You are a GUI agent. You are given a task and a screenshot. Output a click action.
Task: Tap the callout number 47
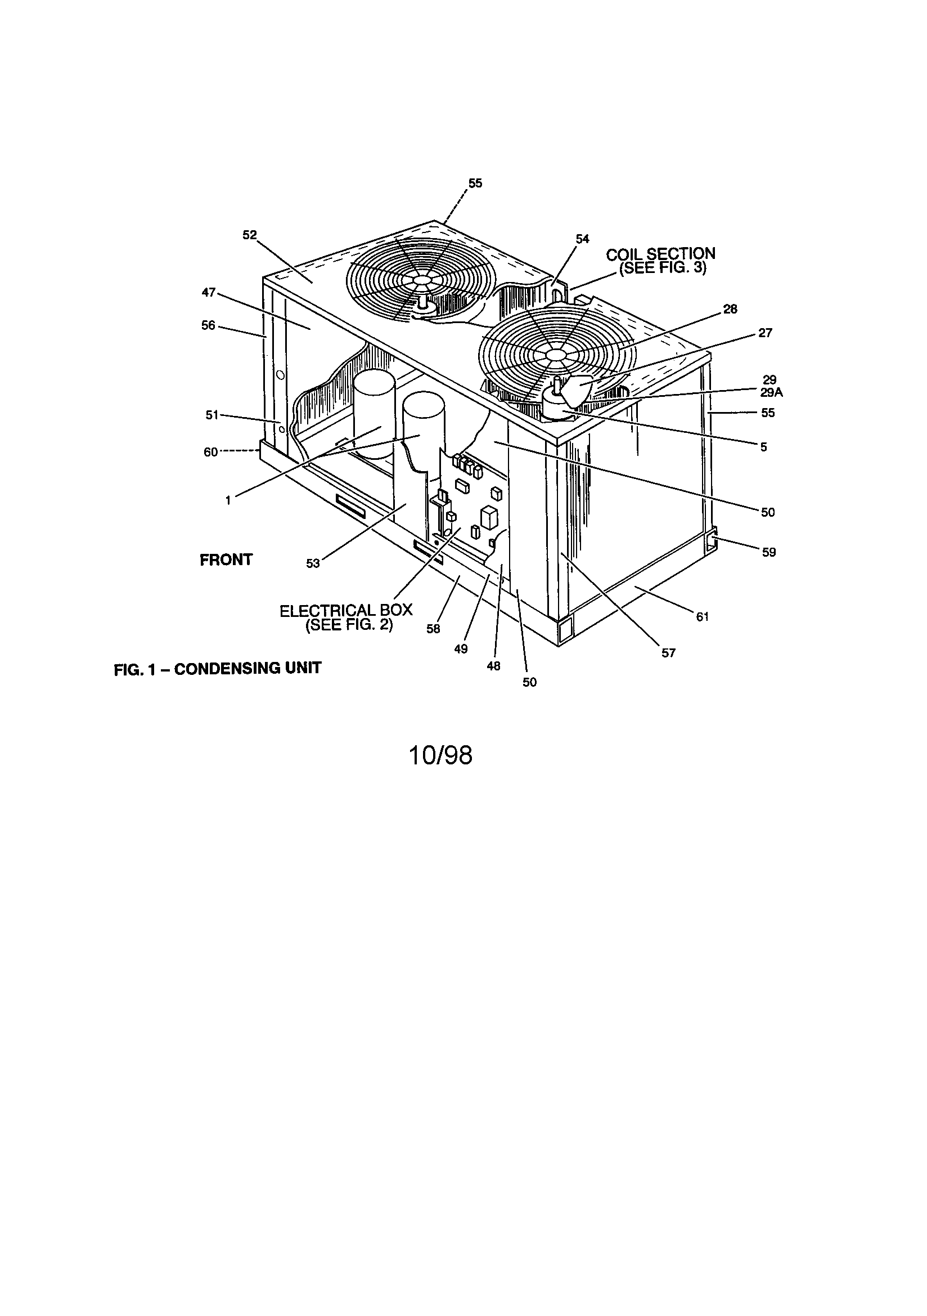coord(209,293)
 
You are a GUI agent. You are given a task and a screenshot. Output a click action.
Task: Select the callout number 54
coord(582,239)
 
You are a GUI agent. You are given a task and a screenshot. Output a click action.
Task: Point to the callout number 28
coord(730,310)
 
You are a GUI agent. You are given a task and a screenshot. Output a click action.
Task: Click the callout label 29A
coord(771,393)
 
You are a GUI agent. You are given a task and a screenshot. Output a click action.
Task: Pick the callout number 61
coord(703,617)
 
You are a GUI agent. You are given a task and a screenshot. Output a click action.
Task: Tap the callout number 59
coord(768,552)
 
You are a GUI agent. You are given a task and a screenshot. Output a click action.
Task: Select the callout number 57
coord(668,653)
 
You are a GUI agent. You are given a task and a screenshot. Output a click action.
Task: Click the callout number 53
coord(312,564)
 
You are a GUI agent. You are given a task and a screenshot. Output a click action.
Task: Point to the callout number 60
coord(210,452)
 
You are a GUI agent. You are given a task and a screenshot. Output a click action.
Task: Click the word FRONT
coord(226,560)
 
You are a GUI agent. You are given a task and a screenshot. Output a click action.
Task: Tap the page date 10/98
coord(440,756)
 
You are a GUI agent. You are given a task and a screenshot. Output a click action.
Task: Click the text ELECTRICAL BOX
coord(345,610)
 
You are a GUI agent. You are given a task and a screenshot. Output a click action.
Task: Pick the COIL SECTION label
coord(660,254)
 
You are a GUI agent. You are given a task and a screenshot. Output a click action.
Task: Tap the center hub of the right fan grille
coord(554,355)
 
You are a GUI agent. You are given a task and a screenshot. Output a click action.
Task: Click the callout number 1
coord(228,500)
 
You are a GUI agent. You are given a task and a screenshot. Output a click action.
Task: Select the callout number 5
coord(763,447)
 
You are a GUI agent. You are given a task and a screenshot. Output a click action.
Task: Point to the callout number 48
coord(493,666)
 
